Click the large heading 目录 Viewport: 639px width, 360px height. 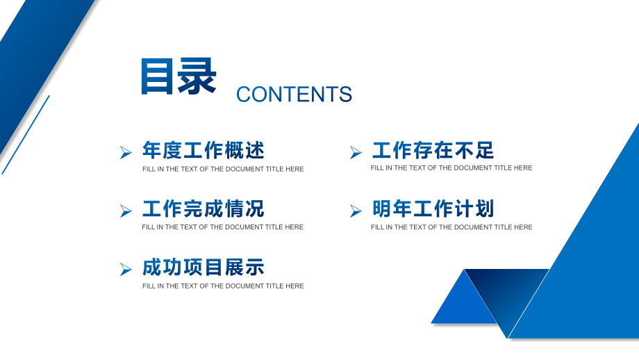coord(179,76)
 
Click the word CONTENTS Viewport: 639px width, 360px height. coord(294,95)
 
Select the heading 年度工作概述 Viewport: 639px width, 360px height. coord(203,150)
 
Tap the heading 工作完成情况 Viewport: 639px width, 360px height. coord(203,208)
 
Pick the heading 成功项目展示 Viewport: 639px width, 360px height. coord(203,268)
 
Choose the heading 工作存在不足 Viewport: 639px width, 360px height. coord(433,150)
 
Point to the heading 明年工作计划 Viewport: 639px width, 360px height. coord(433,208)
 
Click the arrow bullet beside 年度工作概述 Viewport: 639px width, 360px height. coord(126,152)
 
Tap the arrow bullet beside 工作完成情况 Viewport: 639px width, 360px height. coord(126,211)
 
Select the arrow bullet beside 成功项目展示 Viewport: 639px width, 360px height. coord(126,269)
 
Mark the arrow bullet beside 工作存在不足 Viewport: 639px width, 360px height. coord(356,152)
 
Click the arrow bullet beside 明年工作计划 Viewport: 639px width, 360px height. coord(356,211)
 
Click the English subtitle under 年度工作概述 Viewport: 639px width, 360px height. coord(223,169)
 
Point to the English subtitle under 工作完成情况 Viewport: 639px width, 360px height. coord(223,227)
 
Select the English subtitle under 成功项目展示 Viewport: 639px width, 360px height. coord(223,286)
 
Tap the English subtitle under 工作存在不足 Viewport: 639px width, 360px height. coord(451,168)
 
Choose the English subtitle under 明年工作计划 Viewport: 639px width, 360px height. coord(451,227)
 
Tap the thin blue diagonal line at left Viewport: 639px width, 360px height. coord(26,135)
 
